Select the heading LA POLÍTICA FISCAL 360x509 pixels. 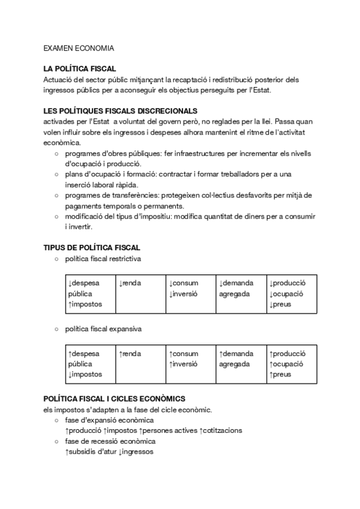(x=80, y=69)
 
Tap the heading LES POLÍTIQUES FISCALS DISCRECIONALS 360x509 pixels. (x=120, y=111)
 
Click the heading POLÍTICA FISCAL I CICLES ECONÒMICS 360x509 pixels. (x=115, y=399)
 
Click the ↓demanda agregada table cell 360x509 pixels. (x=236, y=288)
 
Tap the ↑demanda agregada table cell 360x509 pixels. (x=236, y=359)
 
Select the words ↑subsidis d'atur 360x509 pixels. (x=90, y=451)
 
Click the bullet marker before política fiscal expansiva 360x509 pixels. (x=56, y=329)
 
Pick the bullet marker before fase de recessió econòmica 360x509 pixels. (x=56, y=441)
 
